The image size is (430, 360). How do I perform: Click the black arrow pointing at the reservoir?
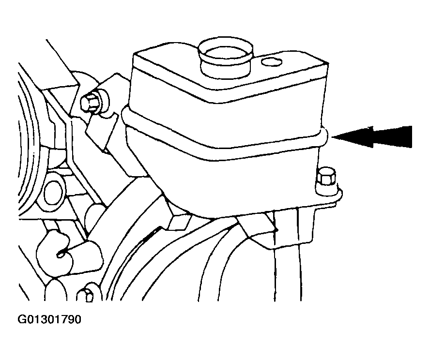click(x=373, y=137)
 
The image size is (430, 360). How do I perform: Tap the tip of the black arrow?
click(x=332, y=137)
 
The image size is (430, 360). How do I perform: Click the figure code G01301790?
click(x=49, y=319)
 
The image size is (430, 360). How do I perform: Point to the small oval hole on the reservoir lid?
click(x=272, y=62)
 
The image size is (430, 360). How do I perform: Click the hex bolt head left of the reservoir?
click(x=90, y=103)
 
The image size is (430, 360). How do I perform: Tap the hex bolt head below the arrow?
click(x=326, y=178)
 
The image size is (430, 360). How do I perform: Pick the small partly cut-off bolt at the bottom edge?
click(x=85, y=295)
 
